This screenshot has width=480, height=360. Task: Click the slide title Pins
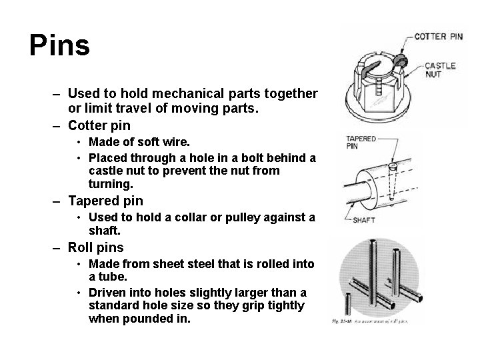click(59, 46)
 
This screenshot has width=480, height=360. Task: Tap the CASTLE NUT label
click(440, 71)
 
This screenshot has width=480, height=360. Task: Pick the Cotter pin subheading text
click(99, 125)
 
